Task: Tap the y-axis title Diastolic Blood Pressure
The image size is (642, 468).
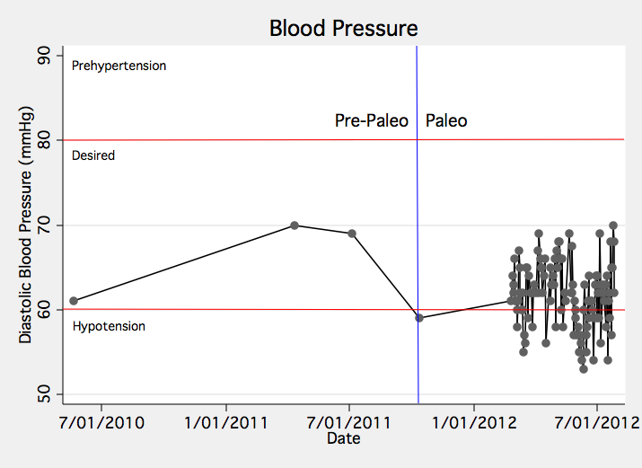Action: [27, 225]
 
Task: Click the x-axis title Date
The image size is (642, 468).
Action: [343, 438]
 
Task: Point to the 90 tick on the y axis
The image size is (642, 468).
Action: [44, 56]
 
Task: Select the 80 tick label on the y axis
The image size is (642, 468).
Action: [44, 140]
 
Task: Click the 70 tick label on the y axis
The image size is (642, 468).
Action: [44, 225]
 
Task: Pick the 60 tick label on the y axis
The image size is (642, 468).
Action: [44, 310]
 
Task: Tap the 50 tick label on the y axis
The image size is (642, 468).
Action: [44, 394]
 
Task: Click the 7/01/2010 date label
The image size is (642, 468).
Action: [101, 421]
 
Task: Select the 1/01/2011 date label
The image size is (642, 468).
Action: [225, 421]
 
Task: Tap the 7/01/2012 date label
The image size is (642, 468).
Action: [597, 421]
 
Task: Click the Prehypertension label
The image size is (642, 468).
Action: [119, 66]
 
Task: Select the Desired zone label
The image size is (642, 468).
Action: [93, 155]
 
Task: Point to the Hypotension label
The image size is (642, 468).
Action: [109, 326]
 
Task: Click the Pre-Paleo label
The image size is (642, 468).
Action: [371, 120]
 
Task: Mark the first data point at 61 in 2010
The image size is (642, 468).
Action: [74, 301]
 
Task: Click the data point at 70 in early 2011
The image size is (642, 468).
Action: [295, 225]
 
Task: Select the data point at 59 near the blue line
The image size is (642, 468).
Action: [419, 318]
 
